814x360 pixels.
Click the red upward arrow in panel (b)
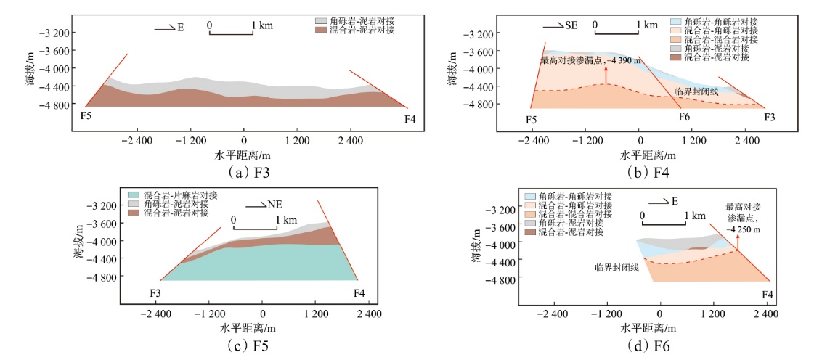coord(606,73)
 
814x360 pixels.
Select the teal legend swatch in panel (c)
coord(135,195)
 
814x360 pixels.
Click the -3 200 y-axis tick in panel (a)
coord(52,33)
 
